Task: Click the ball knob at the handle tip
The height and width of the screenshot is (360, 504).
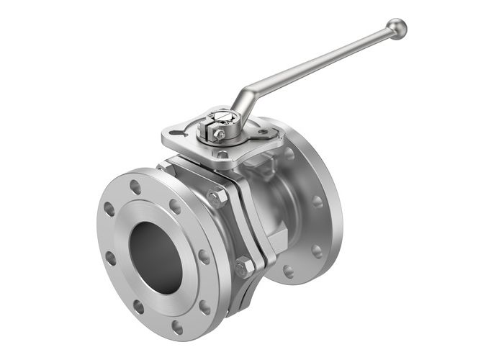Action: tap(396, 28)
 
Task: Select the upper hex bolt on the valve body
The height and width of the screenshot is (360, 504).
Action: tap(216, 197)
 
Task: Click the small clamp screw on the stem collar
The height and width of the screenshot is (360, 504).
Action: tap(220, 134)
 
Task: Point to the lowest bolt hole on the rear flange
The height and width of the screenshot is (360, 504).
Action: tap(289, 271)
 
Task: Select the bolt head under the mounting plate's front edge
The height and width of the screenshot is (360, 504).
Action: tap(222, 155)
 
